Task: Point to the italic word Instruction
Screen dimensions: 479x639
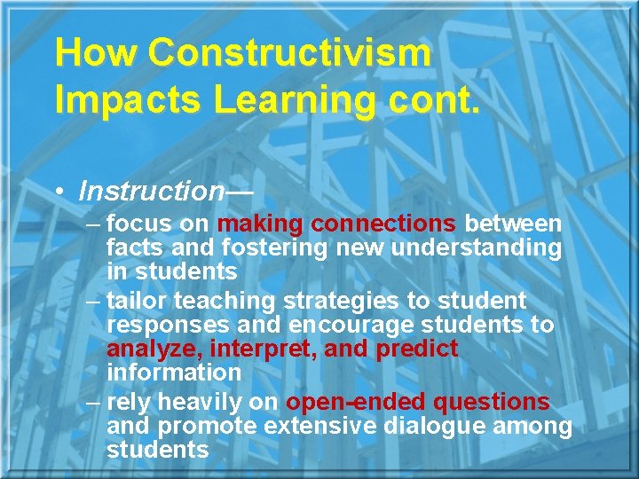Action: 151,191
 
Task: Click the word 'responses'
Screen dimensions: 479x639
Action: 169,325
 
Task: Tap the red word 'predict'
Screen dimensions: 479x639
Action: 417,349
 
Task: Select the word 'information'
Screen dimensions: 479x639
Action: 173,373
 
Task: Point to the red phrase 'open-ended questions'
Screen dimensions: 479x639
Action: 417,402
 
